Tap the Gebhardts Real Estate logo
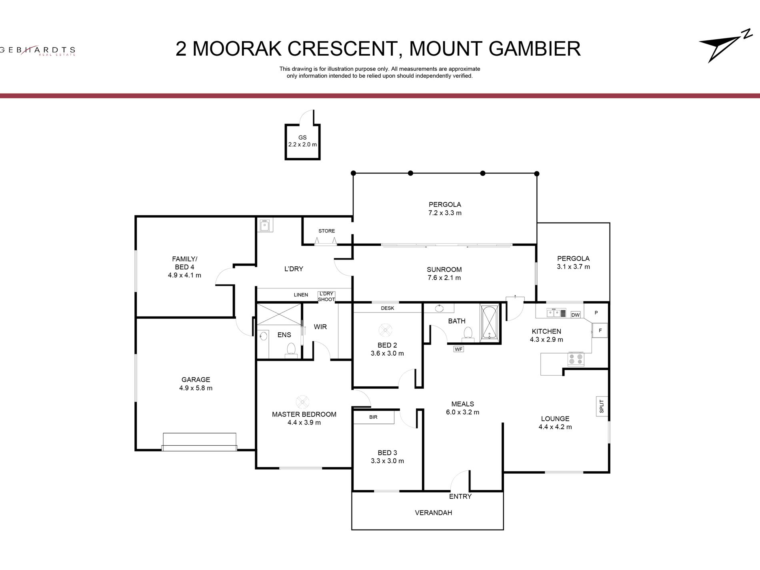pos(38,51)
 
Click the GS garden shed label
pos(302,137)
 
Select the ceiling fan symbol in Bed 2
pos(385,330)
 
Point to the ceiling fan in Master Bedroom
pos(302,402)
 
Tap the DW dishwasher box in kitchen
pos(575,315)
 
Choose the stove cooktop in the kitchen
pos(576,359)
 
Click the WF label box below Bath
pos(458,349)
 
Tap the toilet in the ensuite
pos(291,349)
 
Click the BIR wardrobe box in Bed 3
pos(374,417)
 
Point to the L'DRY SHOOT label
pos(326,296)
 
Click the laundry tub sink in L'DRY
pos(264,226)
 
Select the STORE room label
pos(326,231)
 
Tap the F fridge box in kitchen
pos(600,330)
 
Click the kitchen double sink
pos(556,313)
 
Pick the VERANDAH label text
pos(433,512)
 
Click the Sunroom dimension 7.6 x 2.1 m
pos(444,278)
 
